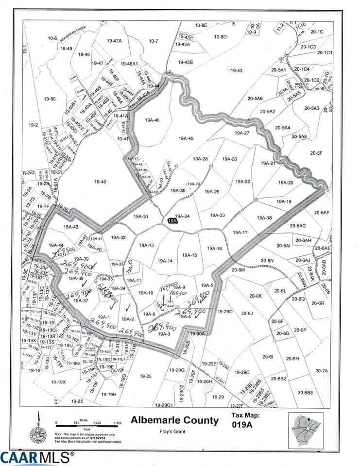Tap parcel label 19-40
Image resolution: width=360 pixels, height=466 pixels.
coord(100,182)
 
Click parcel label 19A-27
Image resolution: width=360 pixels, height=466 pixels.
coord(241,133)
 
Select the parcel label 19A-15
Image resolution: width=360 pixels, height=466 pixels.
coord(189,255)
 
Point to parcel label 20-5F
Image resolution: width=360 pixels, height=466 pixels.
coord(316,153)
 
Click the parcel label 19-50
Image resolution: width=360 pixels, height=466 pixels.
coord(50,99)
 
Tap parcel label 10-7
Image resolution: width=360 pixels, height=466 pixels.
coord(154,41)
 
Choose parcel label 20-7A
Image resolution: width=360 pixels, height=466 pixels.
coord(321,371)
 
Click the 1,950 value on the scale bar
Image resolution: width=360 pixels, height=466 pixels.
coord(117,423)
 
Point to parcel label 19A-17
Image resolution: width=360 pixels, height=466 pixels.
coord(240,233)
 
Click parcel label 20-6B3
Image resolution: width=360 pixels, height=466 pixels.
coord(305,392)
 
